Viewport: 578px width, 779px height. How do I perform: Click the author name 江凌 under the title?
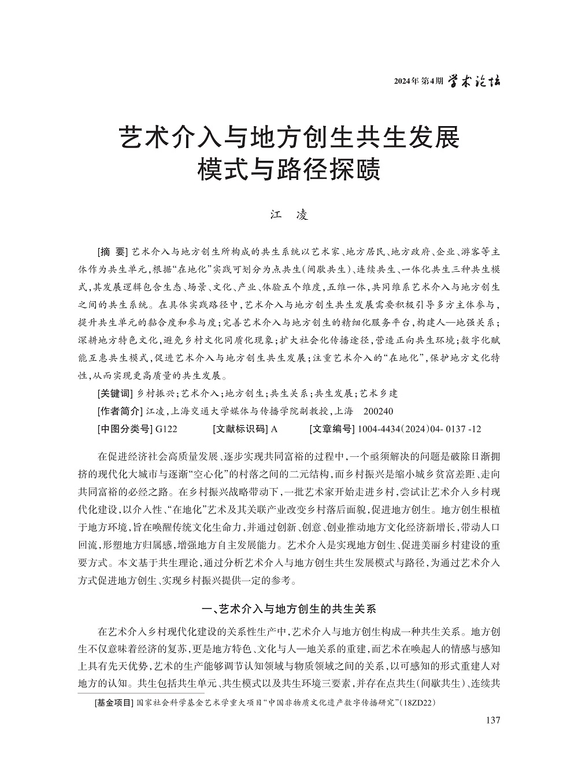(x=290, y=215)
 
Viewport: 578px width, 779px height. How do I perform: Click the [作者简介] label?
(x=120, y=411)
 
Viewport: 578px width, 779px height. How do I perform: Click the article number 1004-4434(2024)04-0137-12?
(x=419, y=429)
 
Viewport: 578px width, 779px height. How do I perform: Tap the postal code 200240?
(x=379, y=411)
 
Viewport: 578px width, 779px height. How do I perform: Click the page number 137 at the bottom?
(x=492, y=720)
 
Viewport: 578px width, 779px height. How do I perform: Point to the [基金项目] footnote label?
(x=113, y=703)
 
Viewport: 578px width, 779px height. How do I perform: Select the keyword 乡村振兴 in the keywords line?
(x=153, y=393)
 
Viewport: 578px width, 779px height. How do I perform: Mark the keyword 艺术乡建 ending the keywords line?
(x=379, y=393)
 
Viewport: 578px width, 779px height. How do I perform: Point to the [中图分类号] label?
(x=123, y=429)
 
